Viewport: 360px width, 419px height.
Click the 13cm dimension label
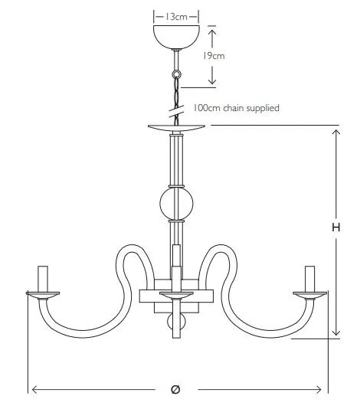[x=175, y=17]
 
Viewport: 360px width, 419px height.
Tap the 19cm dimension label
[x=213, y=56]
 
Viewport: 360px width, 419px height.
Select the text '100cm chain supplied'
[x=236, y=108]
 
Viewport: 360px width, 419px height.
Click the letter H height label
[x=336, y=228]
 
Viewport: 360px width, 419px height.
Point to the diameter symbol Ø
[x=175, y=389]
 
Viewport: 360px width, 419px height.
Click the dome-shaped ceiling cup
[x=176, y=37]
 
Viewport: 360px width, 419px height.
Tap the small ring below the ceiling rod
[x=176, y=74]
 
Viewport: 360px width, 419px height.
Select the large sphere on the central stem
[x=176, y=204]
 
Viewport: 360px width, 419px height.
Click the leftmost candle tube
[x=43, y=279]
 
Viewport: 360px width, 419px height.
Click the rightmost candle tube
[x=309, y=279]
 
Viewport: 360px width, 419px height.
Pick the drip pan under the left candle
[x=43, y=296]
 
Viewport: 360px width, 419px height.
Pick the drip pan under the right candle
[x=309, y=296]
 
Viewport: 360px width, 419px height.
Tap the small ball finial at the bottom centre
[x=176, y=322]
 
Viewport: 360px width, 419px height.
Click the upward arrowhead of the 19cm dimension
[x=212, y=32]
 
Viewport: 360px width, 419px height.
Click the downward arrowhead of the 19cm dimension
[x=212, y=80]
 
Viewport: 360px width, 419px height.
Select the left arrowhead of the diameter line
[x=34, y=390]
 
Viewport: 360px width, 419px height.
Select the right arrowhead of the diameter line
[x=319, y=390]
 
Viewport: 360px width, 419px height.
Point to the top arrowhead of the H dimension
[x=336, y=133]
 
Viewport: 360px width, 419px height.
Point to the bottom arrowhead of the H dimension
[x=336, y=332]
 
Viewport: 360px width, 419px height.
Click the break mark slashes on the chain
[x=176, y=111]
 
